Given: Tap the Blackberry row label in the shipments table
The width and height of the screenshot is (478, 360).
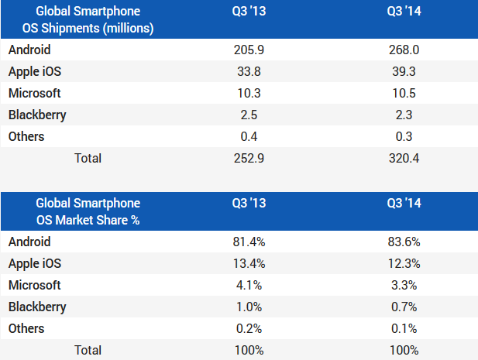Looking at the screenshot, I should pyautogui.click(x=37, y=115).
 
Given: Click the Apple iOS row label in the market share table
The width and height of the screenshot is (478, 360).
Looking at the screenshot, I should pyautogui.click(x=36, y=263).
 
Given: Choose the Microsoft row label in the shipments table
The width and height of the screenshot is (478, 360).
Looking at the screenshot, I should pyautogui.click(x=34, y=93).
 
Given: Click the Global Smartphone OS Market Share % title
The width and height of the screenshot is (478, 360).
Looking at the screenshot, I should pyautogui.click(x=88, y=212).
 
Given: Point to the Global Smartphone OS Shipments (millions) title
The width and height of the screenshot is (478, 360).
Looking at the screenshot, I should pyautogui.click(x=88, y=20).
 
